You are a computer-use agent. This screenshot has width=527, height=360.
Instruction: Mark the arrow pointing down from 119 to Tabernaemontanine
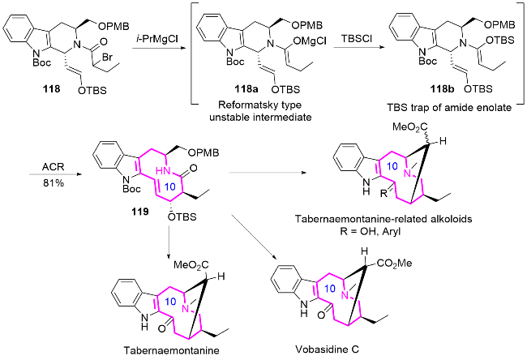point(169,238)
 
